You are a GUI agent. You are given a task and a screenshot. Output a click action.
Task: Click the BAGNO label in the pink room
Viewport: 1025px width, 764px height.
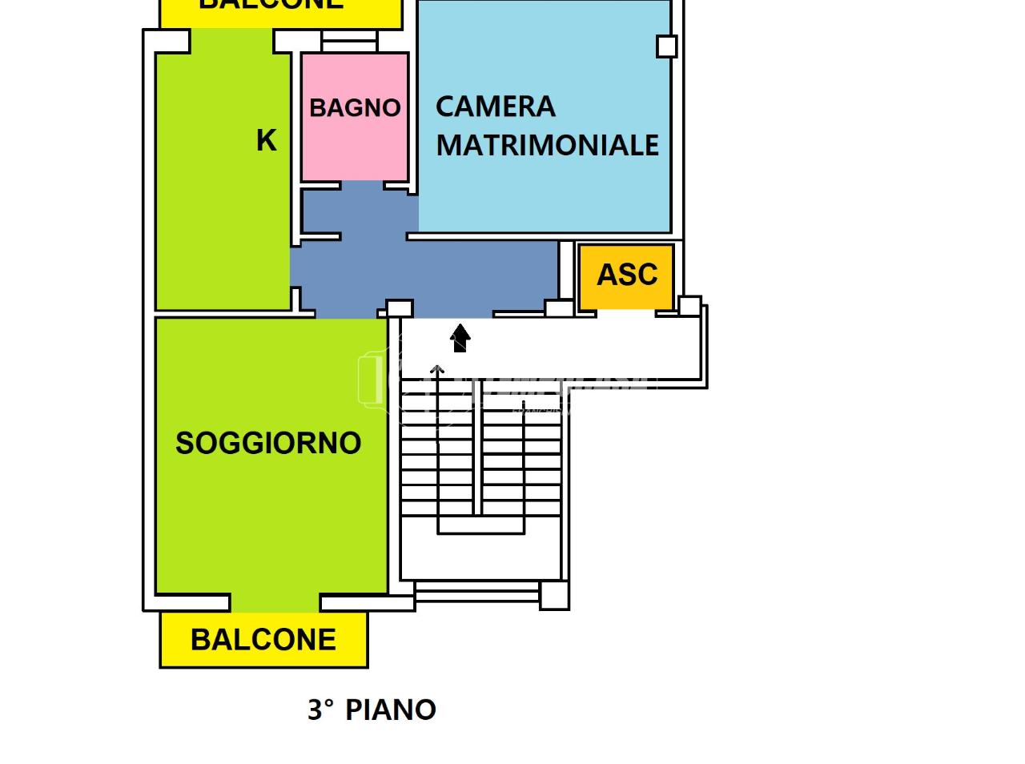click(x=355, y=107)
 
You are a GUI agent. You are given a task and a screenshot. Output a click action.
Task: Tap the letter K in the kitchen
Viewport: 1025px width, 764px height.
click(x=266, y=140)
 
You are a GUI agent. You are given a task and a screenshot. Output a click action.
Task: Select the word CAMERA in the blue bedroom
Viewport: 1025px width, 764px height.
click(x=495, y=107)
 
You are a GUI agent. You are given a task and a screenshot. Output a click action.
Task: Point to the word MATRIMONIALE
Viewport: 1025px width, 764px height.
click(x=548, y=145)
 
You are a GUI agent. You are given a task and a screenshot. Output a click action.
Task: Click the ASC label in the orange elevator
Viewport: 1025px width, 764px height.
click(x=627, y=275)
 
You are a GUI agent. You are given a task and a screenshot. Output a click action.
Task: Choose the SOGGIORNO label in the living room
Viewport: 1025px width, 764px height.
click(x=268, y=443)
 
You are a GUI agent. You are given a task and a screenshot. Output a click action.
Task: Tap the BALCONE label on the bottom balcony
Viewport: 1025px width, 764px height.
click(x=263, y=640)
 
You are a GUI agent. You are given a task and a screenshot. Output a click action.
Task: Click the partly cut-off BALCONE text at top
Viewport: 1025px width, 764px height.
click(x=271, y=5)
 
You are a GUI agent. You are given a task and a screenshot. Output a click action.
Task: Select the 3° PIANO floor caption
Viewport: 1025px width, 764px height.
click(x=372, y=710)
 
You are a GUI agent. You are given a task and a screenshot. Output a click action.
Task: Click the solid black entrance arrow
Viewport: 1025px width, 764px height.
click(x=460, y=337)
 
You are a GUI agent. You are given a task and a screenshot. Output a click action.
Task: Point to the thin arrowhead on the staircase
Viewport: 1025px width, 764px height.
click(x=437, y=370)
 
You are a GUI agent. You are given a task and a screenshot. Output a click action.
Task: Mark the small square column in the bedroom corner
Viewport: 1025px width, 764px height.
click(x=666, y=46)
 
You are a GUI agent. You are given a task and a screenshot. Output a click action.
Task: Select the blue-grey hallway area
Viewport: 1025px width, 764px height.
click(x=424, y=272)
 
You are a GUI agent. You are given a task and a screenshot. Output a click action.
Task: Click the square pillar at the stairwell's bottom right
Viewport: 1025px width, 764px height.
click(x=554, y=595)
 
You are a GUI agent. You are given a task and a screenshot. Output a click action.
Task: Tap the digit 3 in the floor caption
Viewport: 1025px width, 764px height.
click(x=317, y=710)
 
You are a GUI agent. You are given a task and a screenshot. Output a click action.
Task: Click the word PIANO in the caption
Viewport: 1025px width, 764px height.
click(x=391, y=710)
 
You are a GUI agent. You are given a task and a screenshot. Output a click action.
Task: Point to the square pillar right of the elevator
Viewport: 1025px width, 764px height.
click(x=689, y=306)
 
